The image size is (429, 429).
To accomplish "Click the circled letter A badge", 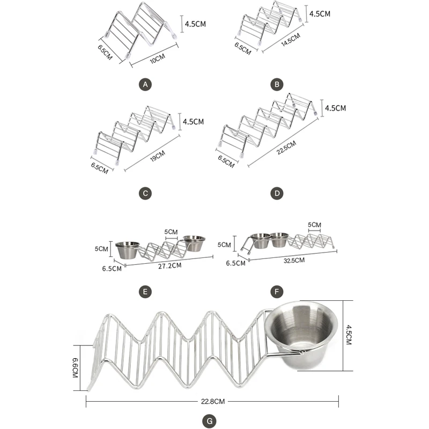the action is (144, 84).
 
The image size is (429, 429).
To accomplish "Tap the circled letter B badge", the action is (277, 84).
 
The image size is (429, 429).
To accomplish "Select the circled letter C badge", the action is (144, 194).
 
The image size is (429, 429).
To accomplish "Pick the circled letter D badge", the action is (277, 194).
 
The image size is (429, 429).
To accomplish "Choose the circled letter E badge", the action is (144, 292).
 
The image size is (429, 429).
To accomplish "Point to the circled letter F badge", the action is (277, 292).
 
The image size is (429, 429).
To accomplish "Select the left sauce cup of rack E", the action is (128, 250).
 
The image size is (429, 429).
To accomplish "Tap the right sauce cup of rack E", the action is (194, 244).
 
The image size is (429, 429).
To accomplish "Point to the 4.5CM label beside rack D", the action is (334, 108).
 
